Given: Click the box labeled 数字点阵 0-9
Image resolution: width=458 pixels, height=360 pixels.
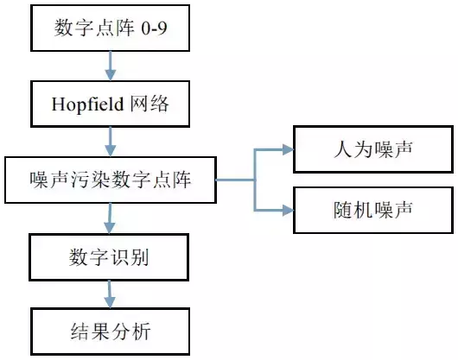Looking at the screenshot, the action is (x=110, y=28).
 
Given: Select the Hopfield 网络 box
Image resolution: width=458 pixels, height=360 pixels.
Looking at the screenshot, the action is (x=110, y=104).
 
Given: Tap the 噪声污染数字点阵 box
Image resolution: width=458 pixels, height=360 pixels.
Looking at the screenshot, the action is (x=111, y=180).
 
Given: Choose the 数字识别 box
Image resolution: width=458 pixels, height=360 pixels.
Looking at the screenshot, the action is (x=109, y=257).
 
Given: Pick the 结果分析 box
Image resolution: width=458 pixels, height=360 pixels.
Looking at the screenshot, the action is (x=110, y=332).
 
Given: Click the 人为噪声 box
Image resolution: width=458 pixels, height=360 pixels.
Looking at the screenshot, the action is (x=373, y=149).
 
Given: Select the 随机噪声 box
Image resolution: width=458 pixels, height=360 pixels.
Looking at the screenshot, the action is (x=373, y=210).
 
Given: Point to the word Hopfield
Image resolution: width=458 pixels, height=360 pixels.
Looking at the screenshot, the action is (x=87, y=104).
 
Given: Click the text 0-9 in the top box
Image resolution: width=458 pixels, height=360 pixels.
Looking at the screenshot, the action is (x=154, y=28).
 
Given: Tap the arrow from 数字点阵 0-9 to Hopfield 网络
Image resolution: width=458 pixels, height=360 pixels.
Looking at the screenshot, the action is (x=110, y=66).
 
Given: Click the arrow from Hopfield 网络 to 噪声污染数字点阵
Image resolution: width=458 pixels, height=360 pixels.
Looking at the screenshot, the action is (x=110, y=142).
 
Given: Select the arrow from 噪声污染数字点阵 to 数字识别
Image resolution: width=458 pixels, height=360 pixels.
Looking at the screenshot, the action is (x=110, y=218).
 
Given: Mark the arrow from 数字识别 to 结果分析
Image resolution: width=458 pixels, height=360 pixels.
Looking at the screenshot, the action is (x=110, y=294).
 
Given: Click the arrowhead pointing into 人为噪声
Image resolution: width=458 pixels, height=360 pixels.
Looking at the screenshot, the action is (x=288, y=149).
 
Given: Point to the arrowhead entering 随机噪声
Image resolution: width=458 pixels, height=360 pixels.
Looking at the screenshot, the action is (x=288, y=210).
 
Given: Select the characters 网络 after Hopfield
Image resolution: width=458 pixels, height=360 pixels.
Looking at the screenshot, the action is (x=149, y=104).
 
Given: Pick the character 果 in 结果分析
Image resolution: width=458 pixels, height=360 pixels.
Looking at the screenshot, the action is (x=100, y=332).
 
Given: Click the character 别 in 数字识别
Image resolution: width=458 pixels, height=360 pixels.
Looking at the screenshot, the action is (x=139, y=257).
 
